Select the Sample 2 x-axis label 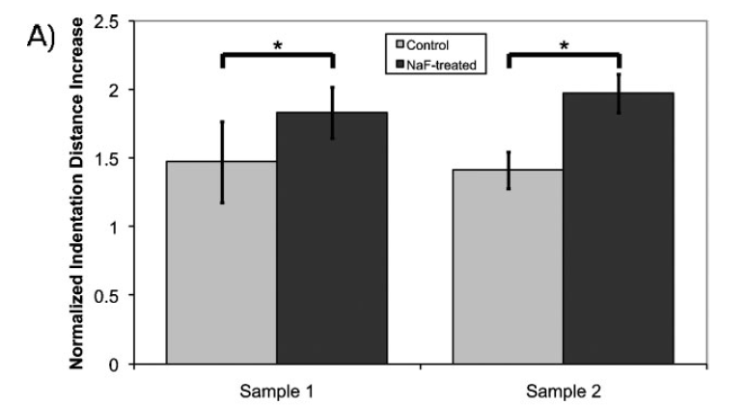(563, 391)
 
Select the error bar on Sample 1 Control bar (222, 162)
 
